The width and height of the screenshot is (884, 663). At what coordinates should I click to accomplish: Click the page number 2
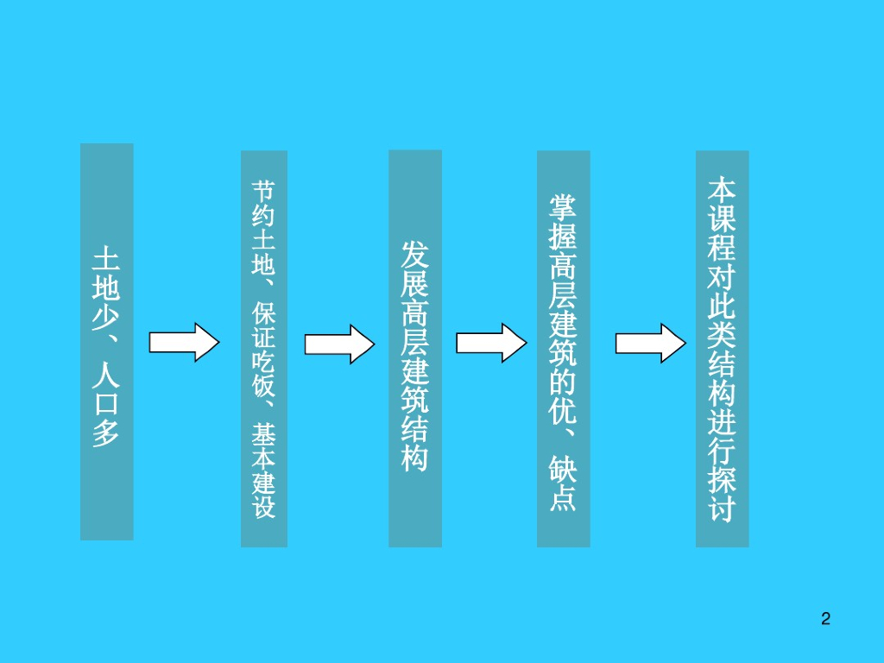point(825,618)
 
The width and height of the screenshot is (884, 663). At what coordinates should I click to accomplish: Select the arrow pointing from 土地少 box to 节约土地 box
point(184,343)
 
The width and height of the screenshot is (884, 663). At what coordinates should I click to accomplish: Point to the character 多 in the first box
point(107,432)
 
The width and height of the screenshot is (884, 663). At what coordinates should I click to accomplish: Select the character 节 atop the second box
point(263,190)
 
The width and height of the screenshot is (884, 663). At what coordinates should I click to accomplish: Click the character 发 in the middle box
point(414,256)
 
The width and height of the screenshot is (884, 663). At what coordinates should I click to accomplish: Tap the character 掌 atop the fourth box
point(564,206)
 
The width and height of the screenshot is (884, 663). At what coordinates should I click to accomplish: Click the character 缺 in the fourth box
point(564,470)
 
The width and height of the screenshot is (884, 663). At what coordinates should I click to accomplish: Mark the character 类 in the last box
point(722,337)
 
